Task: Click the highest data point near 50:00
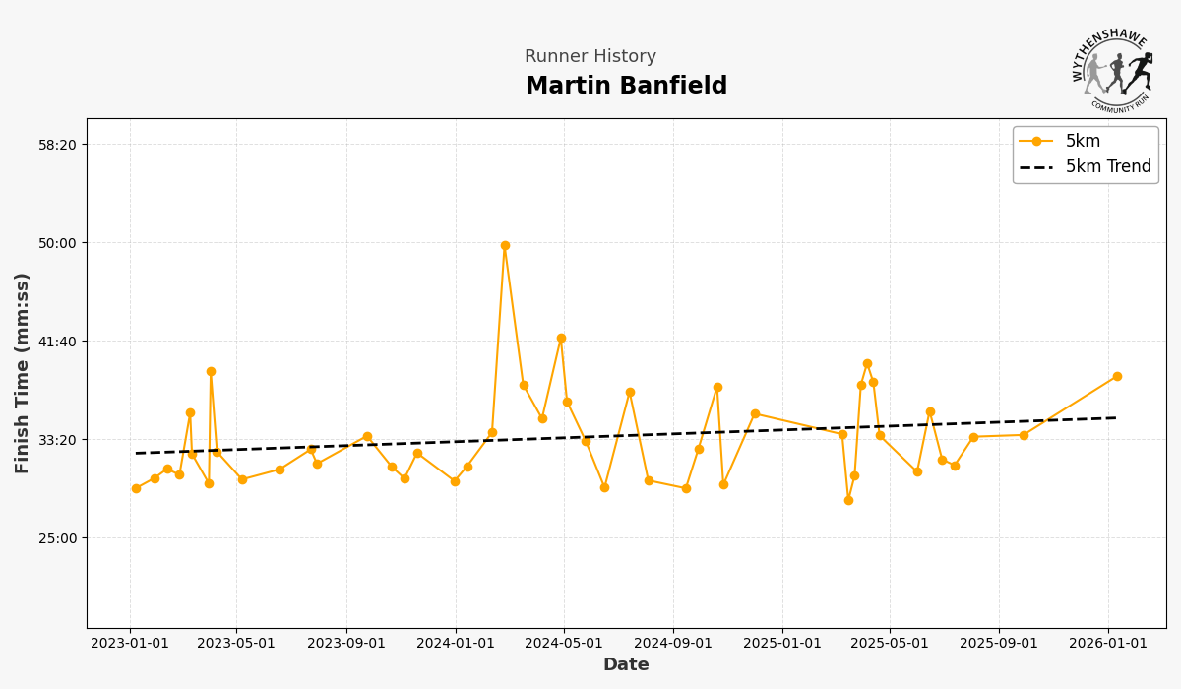[505, 245]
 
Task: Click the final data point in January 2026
[1116, 376]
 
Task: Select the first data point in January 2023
[136, 488]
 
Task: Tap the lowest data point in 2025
[848, 500]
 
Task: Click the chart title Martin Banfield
[626, 86]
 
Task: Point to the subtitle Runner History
[590, 57]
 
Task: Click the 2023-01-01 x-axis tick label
[130, 644]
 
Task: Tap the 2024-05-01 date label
[564, 644]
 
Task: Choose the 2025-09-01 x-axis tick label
[999, 644]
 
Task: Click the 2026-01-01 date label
[1108, 644]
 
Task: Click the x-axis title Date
[626, 665]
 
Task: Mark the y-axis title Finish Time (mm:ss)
[23, 373]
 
